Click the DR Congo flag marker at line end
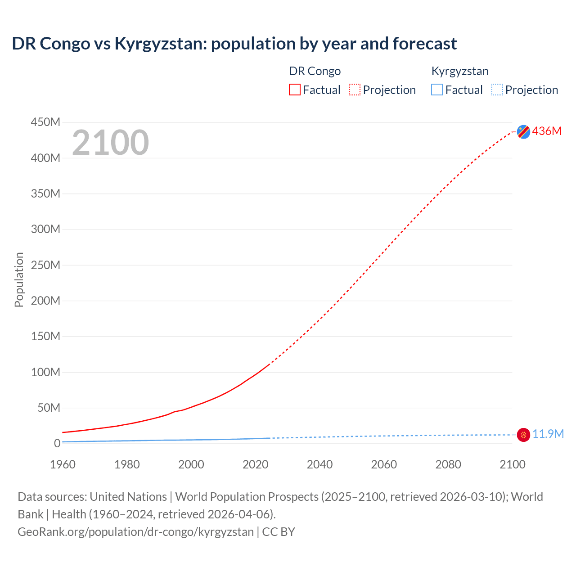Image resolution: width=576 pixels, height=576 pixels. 523,131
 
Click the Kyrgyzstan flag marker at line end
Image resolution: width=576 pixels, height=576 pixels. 523,435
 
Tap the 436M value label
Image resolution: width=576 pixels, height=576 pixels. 547,131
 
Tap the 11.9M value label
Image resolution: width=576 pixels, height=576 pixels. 548,434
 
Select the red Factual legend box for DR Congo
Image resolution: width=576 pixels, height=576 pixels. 295,90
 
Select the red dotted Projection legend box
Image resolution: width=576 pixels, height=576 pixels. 355,90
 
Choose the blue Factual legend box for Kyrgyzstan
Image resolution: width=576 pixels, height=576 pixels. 437,90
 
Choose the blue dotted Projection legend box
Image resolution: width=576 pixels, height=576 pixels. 497,90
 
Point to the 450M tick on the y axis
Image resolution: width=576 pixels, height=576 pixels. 45,122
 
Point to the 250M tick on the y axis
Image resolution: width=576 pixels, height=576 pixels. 45,265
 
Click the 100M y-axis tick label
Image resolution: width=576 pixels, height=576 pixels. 45,372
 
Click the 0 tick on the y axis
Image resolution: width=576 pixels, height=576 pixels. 57,443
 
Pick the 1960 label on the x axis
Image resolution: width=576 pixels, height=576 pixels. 63,464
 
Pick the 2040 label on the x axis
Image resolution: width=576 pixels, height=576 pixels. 319,464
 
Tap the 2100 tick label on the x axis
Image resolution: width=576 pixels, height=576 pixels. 512,464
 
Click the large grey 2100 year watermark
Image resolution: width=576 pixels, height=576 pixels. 110,143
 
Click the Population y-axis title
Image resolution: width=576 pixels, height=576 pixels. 19,279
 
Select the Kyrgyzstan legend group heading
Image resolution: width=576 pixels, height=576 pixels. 459,71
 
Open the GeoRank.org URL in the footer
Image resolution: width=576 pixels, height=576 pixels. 135,531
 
